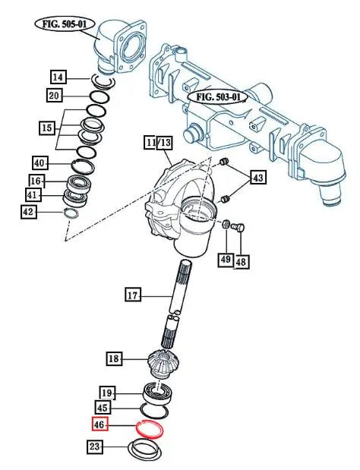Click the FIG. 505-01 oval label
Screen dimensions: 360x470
pyautogui.click(x=65, y=24)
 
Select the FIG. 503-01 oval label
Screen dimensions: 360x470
pyautogui.click(x=218, y=97)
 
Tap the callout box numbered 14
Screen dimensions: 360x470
pyautogui.click(x=58, y=77)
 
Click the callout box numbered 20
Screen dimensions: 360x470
pyautogui.click(x=54, y=96)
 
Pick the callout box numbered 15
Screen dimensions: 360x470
pyautogui.click(x=47, y=128)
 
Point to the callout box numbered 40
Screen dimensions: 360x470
pyautogui.click(x=39, y=163)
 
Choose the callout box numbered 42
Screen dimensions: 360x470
pyautogui.click(x=28, y=212)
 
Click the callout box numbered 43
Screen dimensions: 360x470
pyautogui.click(x=257, y=178)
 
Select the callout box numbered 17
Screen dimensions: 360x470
pyautogui.click(x=132, y=295)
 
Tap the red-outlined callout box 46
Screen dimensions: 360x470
pyautogui.click(x=99, y=424)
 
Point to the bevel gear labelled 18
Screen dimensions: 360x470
pyautogui.click(x=163, y=363)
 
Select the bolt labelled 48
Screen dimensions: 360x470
pyautogui.click(x=238, y=227)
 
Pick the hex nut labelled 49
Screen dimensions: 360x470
pyautogui.click(x=226, y=223)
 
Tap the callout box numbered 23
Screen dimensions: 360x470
pyautogui.click(x=94, y=446)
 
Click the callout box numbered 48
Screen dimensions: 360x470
pyautogui.click(x=241, y=262)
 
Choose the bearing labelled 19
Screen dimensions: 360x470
pyautogui.click(x=158, y=393)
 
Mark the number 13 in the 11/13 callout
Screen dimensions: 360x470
pyautogui.click(x=165, y=143)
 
